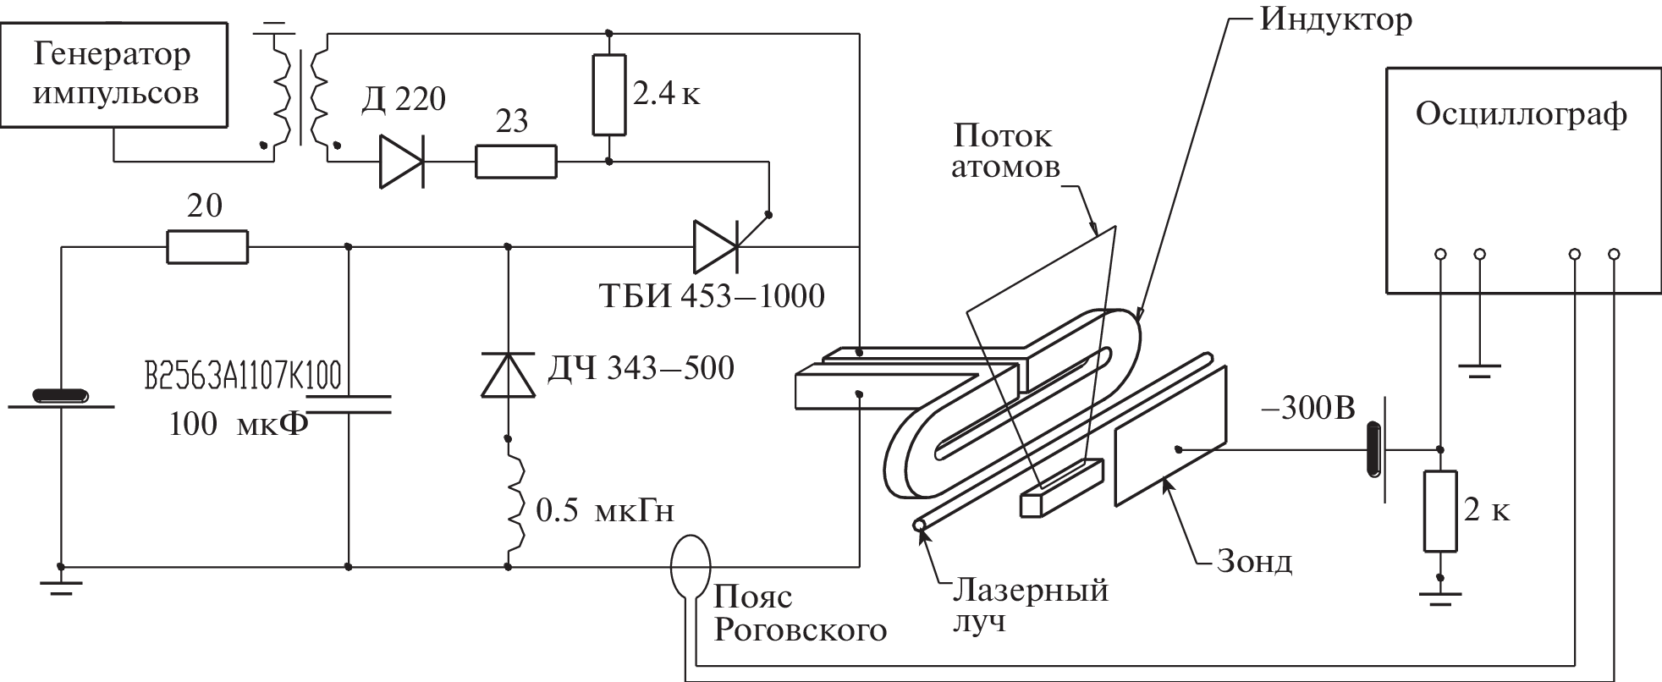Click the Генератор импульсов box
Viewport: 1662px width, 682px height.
click(114, 74)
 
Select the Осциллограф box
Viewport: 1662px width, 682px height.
click(1521, 180)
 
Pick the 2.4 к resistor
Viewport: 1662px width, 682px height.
click(609, 95)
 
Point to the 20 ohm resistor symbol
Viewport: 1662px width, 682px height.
click(207, 247)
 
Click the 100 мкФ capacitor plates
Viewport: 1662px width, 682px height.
click(349, 404)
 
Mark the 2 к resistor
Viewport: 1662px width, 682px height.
click(1440, 512)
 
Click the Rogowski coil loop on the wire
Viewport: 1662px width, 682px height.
click(691, 566)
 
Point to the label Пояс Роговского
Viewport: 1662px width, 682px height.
click(800, 614)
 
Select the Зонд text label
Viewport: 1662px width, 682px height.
click(1253, 562)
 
